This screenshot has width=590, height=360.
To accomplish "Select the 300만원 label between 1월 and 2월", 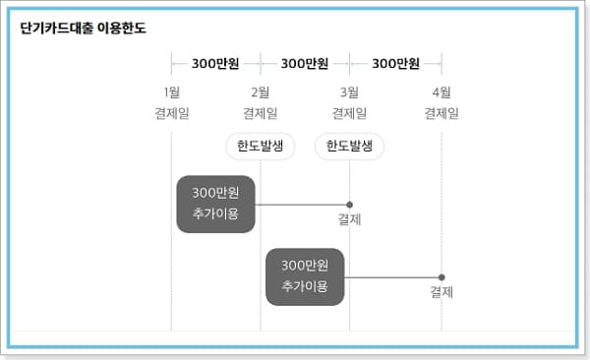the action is (216, 64).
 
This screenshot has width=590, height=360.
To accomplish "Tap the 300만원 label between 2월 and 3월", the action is (305, 64).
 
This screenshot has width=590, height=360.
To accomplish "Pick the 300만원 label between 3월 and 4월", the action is (395, 64).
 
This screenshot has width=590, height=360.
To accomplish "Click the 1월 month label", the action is (171, 92).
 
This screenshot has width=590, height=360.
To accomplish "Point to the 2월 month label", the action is (261, 92).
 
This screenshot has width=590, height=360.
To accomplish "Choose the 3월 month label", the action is (350, 92).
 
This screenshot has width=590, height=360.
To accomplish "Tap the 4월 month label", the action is (442, 92).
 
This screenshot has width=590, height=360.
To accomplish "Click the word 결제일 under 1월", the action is (171, 113).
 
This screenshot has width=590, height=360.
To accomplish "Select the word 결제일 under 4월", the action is (442, 113).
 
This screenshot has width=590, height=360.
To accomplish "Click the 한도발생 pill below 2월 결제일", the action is (261, 147).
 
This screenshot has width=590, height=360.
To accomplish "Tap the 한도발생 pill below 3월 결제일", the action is (350, 147).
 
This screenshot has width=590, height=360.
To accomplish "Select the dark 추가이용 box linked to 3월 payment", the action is (216, 204).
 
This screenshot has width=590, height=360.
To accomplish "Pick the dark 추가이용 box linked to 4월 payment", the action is (305, 276).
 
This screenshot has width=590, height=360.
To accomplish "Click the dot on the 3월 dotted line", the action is (350, 205).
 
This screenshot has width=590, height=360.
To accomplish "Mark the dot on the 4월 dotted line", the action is (442, 277).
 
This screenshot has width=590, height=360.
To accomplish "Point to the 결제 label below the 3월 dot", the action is (350, 219).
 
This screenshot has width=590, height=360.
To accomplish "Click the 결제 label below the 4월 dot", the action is (442, 292).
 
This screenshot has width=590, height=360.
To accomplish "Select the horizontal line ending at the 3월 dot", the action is (302, 205).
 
